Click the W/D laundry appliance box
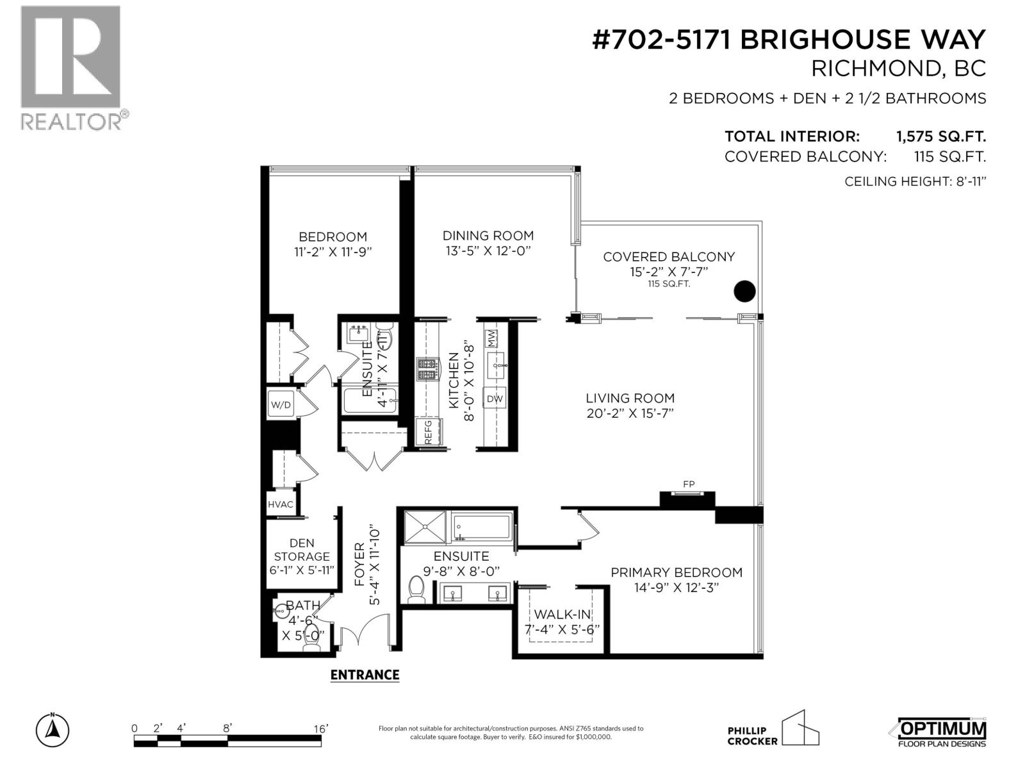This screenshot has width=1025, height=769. (281, 404)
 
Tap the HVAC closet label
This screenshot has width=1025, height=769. (281, 504)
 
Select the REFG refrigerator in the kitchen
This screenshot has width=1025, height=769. (427, 432)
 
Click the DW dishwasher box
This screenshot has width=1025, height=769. (495, 399)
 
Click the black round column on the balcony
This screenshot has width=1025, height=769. (744, 292)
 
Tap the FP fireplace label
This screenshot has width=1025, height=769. (689, 484)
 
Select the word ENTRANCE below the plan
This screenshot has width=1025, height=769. (365, 675)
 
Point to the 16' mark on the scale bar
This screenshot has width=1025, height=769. (320, 729)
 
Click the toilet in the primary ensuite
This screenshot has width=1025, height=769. (416, 590)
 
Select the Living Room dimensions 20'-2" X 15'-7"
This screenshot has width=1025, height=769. (630, 413)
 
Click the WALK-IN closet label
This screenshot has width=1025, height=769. (562, 615)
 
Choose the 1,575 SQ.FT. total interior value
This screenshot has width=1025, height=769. (940, 136)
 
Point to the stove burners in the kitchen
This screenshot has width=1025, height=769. (427, 370)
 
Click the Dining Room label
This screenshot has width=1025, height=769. (488, 236)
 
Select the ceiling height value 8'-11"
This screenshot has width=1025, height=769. (968, 181)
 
